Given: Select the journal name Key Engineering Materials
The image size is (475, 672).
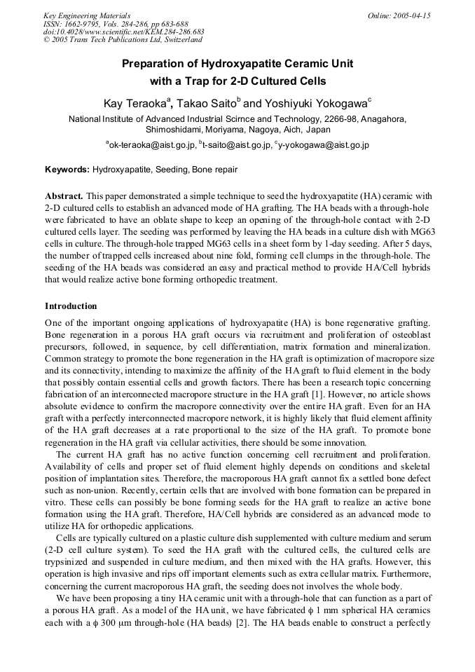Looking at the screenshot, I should point(86,15).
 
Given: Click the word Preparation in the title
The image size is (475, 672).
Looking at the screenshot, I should point(160,64).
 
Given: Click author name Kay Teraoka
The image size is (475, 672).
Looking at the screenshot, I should point(134,104).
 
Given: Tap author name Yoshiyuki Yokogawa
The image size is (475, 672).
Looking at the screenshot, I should point(315,104).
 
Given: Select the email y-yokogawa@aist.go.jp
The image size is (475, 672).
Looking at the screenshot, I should point(324,145).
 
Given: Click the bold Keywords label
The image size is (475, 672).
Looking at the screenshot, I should point(67,170).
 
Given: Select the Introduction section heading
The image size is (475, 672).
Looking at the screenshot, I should point(71,306).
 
